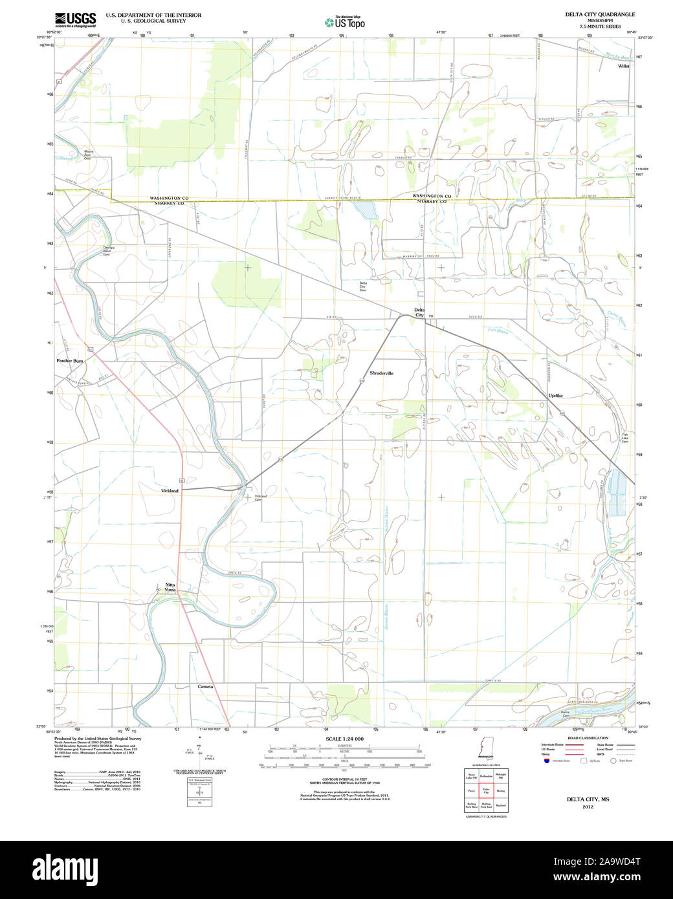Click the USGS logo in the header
pyautogui.click(x=75, y=19)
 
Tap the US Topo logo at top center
pyautogui.click(x=344, y=23)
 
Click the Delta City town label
pyautogui.click(x=419, y=312)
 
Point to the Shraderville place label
pyautogui.click(x=381, y=373)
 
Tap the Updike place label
pyautogui.click(x=555, y=395)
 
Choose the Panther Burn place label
pyautogui.click(x=70, y=361)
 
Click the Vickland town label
pyautogui.click(x=170, y=491)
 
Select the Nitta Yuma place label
pyautogui.click(x=170, y=587)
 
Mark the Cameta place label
pyautogui.click(x=205, y=686)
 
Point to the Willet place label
pyautogui.click(x=623, y=66)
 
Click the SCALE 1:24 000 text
pyautogui.click(x=344, y=739)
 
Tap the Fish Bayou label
pyautogui.click(x=496, y=330)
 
